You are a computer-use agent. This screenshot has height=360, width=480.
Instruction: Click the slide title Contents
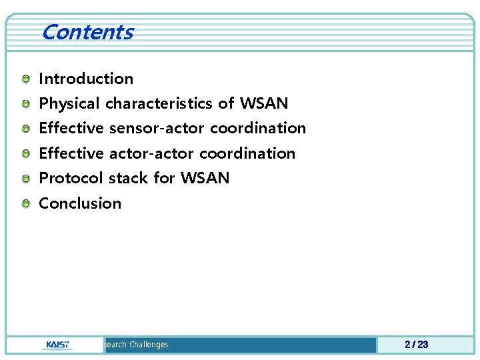tap(87, 32)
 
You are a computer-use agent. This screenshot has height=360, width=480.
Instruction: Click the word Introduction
tap(86, 79)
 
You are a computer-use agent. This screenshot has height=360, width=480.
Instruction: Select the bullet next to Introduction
tap(25, 79)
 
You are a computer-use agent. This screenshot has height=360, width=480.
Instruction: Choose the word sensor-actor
tap(157, 128)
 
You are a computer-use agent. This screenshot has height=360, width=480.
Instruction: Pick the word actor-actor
tap(152, 153)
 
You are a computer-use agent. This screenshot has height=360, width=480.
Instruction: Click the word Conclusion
tap(80, 203)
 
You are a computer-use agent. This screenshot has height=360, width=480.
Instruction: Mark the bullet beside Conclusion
tap(25, 204)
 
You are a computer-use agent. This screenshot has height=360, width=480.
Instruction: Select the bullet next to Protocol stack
tap(25, 179)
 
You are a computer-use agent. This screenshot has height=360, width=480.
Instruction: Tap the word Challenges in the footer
tap(149, 345)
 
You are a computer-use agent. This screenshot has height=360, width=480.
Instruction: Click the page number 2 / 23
tap(416, 345)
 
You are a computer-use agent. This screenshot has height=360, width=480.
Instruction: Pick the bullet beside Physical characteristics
tap(25, 105)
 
